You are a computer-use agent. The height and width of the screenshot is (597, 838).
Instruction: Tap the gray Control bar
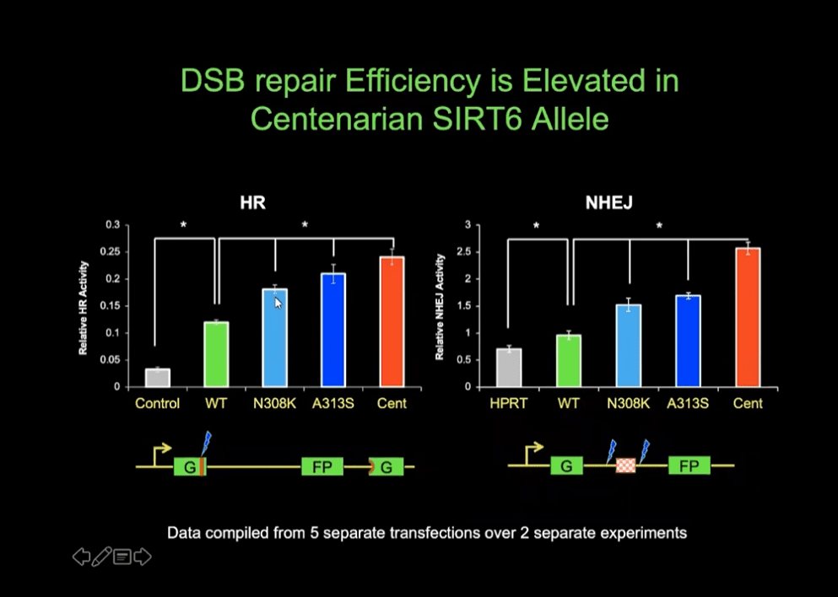[x=157, y=378]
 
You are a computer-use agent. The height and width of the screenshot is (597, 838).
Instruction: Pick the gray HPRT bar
[x=508, y=368]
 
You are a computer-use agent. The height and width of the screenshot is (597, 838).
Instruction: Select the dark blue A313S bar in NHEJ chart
[x=688, y=341]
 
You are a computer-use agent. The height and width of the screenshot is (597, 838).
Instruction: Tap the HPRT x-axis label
[x=508, y=404]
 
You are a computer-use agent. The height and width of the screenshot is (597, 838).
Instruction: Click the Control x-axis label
[x=157, y=404]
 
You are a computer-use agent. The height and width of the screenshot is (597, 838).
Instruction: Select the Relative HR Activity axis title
[x=84, y=306]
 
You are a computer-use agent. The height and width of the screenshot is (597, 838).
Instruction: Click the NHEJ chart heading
[x=609, y=203]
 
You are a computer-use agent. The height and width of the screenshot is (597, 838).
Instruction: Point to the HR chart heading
[x=253, y=203]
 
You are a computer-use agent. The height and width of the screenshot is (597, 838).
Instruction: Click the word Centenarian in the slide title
[x=338, y=118]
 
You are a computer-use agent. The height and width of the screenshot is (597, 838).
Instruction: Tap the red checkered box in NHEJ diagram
[x=625, y=465]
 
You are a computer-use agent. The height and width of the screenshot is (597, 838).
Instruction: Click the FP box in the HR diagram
[x=322, y=466]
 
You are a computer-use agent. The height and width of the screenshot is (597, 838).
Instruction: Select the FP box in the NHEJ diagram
[x=689, y=465]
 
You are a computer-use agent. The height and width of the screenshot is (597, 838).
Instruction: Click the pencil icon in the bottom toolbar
[x=102, y=557]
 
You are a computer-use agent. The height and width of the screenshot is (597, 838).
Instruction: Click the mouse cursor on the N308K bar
[x=278, y=303]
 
